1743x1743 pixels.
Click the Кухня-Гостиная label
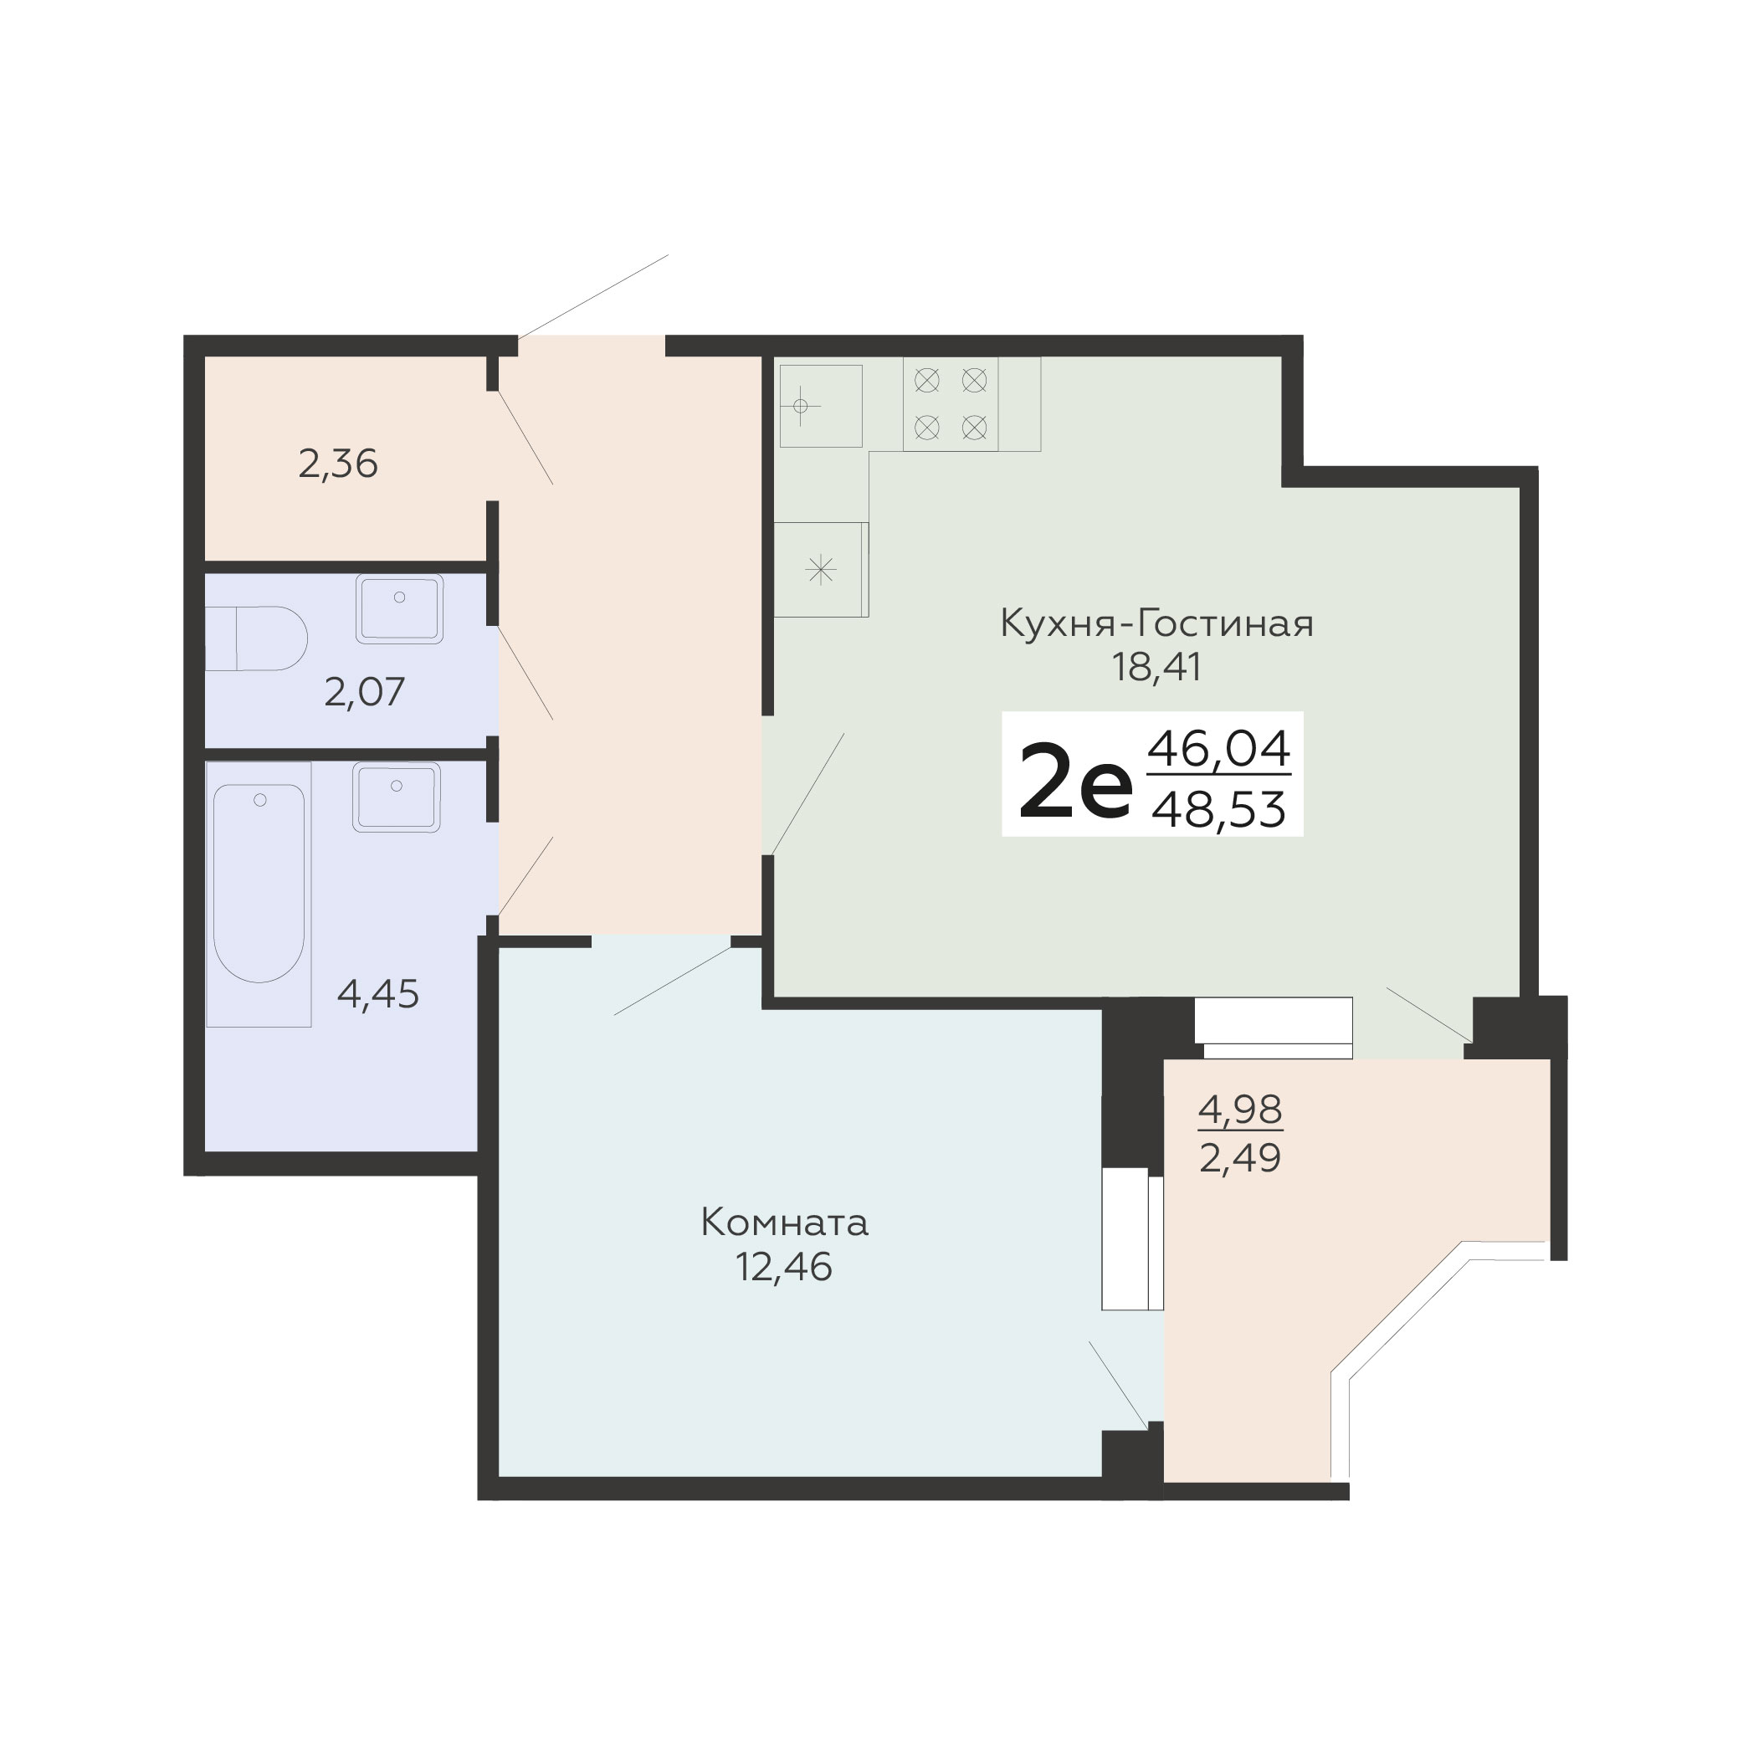[1156, 623]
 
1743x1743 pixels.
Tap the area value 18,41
[1156, 669]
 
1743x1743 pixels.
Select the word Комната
[784, 1223]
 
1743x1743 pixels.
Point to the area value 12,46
[784, 1268]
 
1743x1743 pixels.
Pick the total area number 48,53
[1219, 809]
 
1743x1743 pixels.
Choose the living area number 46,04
[1219, 750]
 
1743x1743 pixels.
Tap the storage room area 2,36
[337, 464]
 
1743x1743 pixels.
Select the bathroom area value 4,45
[378, 994]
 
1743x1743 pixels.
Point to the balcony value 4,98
[1240, 1110]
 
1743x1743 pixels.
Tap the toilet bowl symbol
[256, 638]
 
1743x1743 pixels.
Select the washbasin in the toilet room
[400, 609]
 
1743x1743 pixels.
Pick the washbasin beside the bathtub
[396, 797]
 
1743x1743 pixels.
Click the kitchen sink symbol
[821, 406]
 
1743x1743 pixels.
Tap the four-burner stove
[951, 404]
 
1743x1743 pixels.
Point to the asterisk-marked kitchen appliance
[821, 569]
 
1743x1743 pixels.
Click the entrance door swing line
[592, 295]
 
